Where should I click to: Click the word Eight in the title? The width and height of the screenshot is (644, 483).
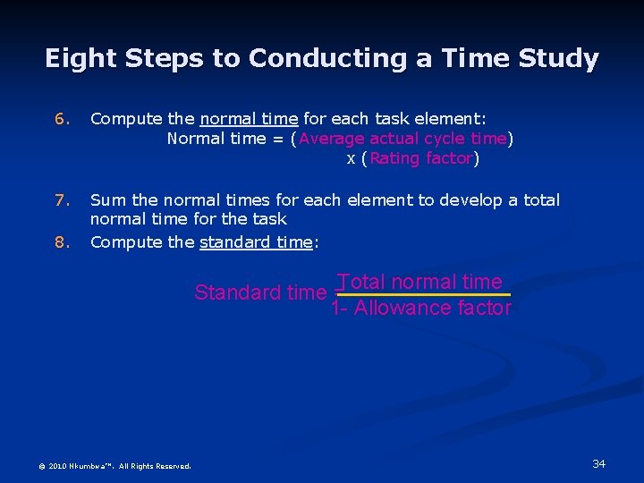[81, 59]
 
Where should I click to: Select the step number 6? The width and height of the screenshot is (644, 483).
[60, 119]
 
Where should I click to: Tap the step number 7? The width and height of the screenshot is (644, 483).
[60, 200]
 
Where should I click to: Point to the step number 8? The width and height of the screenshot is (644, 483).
[60, 241]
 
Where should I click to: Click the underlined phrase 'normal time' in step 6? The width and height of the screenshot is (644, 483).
[249, 119]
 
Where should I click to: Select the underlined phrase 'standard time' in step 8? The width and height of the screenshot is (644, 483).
[256, 241]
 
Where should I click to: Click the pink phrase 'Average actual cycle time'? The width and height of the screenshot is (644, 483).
[403, 139]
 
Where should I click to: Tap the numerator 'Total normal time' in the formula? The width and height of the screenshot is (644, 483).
[420, 282]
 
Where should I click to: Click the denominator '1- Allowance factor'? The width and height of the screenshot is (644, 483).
[420, 309]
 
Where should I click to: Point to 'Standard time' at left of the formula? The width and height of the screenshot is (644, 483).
[259, 292]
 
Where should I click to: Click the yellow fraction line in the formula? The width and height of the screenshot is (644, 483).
[420, 294]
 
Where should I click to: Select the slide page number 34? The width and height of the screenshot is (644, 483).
[598, 463]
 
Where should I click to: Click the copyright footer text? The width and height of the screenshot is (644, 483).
[114, 466]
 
